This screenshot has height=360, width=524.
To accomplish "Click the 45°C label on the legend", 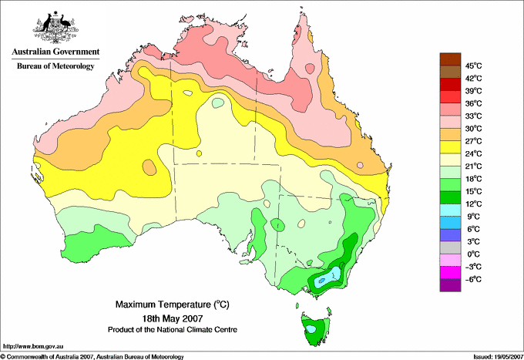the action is coord(474,66).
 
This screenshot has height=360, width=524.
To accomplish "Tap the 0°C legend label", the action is coord(474,254).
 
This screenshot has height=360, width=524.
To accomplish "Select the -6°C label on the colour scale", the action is coord(473,279).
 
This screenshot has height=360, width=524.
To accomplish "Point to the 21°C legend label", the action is coord(474,167).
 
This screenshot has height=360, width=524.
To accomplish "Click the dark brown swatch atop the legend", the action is coord(450,59).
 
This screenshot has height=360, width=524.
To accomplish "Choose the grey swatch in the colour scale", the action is coord(450,247).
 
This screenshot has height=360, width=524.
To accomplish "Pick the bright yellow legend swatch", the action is coord(450,147).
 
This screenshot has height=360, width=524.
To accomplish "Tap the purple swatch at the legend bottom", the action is coord(450,285).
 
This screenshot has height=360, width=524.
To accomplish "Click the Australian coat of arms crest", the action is coord(55,27).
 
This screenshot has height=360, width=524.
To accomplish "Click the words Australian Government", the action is coord(55,52).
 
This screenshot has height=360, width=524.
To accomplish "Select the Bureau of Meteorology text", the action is coord(55,66).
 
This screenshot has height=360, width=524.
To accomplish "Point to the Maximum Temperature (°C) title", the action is coord(173,304).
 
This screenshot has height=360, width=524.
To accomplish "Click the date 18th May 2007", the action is coord(173,318).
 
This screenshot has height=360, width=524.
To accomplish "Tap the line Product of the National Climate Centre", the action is coord(173,330).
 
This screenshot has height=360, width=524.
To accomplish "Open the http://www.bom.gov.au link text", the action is coord(33,346).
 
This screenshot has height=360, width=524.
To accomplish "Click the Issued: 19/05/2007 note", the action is coord(499,357).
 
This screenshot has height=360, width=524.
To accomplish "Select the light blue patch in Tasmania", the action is coord(311,329).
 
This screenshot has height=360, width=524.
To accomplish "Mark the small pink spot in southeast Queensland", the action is coord(360,165).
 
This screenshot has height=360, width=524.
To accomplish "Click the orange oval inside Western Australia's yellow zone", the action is coord(149,167).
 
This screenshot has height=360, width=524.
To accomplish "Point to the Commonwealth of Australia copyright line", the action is coord(92,357).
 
